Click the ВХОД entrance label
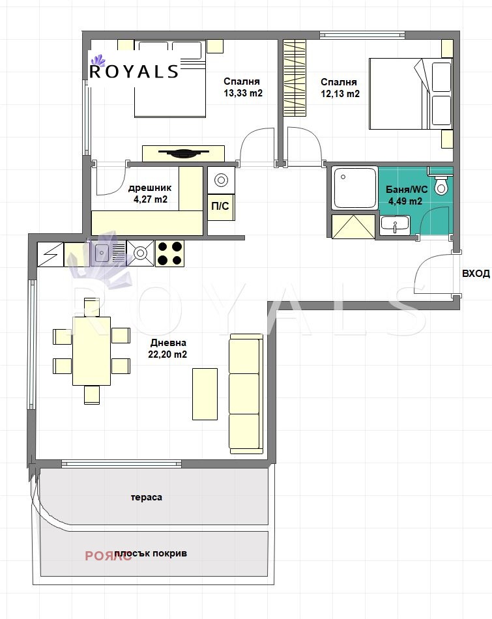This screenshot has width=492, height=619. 476,273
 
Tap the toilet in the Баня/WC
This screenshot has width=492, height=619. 441,184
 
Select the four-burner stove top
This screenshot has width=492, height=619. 170,253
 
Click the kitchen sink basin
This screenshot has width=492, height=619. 102,253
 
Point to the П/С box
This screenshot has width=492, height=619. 220,206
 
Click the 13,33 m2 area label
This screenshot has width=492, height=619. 243,93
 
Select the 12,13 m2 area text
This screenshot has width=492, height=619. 340,94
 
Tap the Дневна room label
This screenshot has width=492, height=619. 168,343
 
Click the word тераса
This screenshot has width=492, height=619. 146,497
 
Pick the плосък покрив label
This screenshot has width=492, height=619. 151,553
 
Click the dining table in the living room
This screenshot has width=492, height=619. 91,351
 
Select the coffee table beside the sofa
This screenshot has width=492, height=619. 205,394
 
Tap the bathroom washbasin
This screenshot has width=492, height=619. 394,225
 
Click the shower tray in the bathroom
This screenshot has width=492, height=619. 355,188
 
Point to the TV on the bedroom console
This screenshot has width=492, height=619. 183,152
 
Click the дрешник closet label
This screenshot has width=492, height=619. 150,188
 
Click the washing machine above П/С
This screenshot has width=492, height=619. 221,180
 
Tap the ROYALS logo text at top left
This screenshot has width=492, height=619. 134,72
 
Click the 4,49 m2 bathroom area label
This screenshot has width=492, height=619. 405,201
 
